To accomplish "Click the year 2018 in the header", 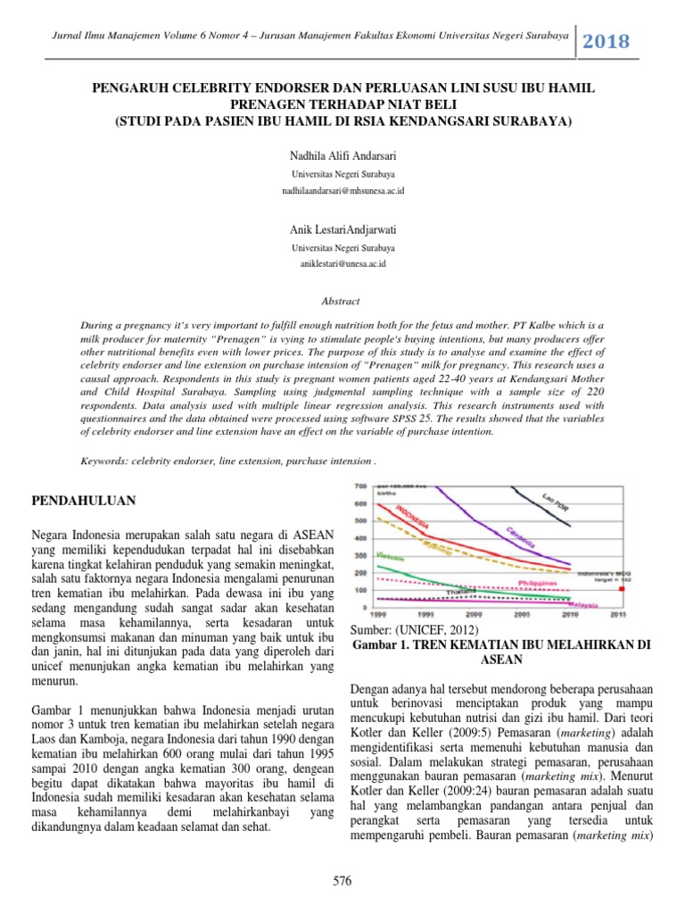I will tap(607, 41).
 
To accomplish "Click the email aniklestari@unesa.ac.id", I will tap(342, 264).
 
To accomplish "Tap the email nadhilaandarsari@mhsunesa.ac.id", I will tap(342, 190).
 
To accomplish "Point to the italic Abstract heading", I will tap(342, 302).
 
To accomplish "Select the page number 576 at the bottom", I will tap(342, 881).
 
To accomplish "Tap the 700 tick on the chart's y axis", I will tap(360, 486).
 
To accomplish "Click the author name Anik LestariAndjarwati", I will tap(342, 230).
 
